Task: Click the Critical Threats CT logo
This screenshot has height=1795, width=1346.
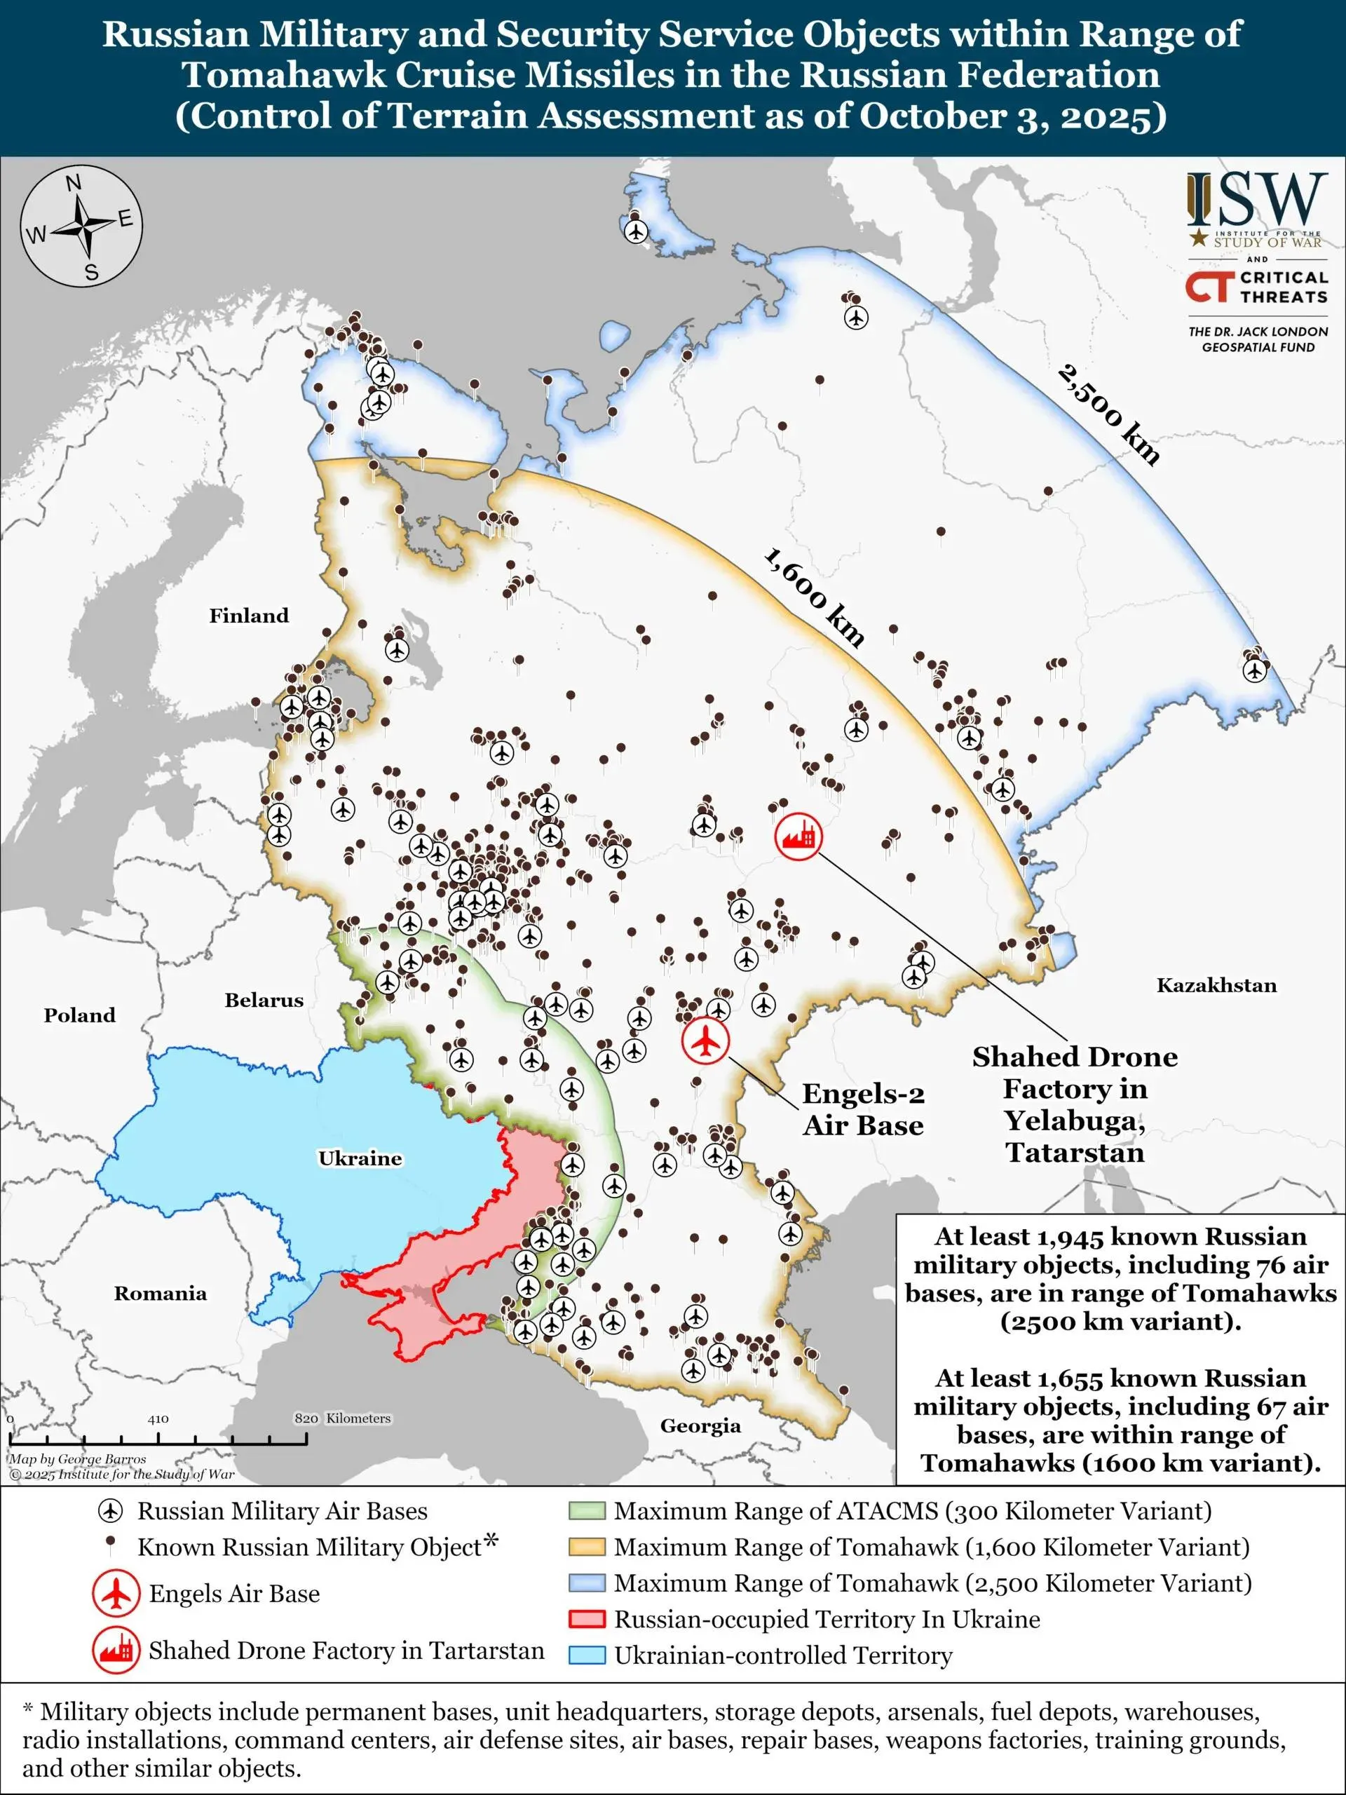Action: tap(1209, 285)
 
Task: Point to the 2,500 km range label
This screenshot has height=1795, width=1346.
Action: tap(1108, 414)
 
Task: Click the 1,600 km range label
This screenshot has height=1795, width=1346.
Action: tap(814, 597)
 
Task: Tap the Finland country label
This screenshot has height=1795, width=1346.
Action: tap(248, 616)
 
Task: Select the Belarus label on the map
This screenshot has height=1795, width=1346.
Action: tap(264, 1001)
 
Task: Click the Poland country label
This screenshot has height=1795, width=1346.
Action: tap(79, 1015)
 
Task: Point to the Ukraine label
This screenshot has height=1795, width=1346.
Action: tap(360, 1158)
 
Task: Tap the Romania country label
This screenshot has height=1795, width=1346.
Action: tap(160, 1294)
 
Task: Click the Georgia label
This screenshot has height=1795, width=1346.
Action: tap(700, 1425)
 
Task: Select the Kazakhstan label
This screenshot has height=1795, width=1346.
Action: tap(1216, 985)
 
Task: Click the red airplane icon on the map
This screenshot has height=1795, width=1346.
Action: tap(706, 1041)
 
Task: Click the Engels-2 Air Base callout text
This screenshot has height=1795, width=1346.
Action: tap(862, 1109)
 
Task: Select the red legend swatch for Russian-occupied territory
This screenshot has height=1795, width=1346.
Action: tap(587, 1619)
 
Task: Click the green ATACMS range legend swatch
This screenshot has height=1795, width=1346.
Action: tap(587, 1511)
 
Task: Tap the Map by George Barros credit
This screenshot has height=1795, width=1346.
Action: tap(78, 1459)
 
